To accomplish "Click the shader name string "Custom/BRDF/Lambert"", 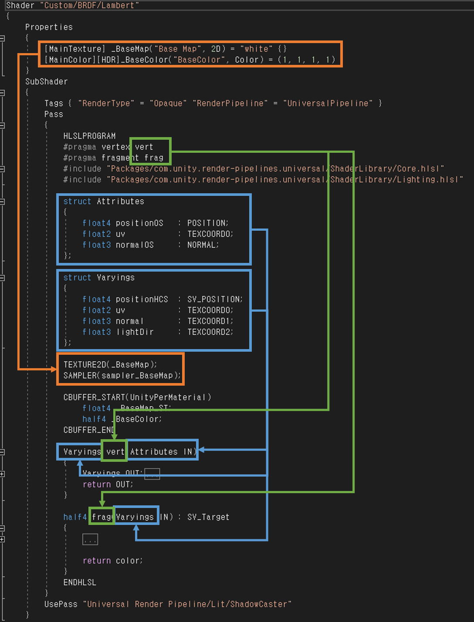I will tap(91, 6).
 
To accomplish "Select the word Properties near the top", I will tap(49, 27).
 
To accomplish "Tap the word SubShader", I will tap(46, 81).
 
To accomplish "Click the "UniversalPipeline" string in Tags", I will tap(328, 103).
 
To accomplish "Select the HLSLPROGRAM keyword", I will tap(89, 136).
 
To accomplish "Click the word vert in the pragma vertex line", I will tap(144, 147).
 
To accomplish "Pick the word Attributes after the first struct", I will tap(120, 201).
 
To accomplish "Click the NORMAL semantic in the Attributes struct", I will tap(203, 245).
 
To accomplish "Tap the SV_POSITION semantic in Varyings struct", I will tap(214, 299).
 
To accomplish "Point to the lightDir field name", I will tap(135, 332).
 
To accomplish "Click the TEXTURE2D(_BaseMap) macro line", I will tap(110, 364).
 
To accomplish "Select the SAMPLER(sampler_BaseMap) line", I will tap(122, 375).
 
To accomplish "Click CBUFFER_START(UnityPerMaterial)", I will tap(137, 397).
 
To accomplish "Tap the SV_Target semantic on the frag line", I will tap(208, 517).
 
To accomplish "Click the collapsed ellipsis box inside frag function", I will tap(90, 540).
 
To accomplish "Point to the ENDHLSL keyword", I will tap(80, 582).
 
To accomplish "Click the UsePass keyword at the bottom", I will tap(61, 604).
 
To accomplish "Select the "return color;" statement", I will tap(112, 561).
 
